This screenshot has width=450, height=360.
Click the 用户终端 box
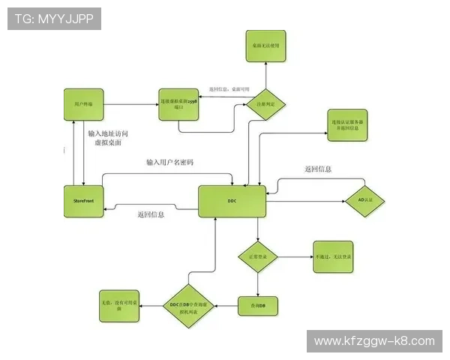tap(82, 103)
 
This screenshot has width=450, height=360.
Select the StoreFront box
tap(82, 201)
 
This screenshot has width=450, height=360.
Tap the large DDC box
tap(232, 201)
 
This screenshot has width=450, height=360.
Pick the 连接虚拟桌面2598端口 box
tap(178, 103)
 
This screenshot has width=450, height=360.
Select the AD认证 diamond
tap(364, 201)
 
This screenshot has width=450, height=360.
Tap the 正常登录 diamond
tap(258, 256)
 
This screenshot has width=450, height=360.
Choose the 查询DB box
tap(258, 305)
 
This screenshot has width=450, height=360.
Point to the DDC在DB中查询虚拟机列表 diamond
tap(190, 305)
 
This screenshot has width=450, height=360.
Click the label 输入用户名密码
tap(169, 163)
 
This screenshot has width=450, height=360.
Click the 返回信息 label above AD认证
tap(318, 169)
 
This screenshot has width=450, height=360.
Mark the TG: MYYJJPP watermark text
tap(53, 18)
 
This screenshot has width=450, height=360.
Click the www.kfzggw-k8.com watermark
tap(374, 341)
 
